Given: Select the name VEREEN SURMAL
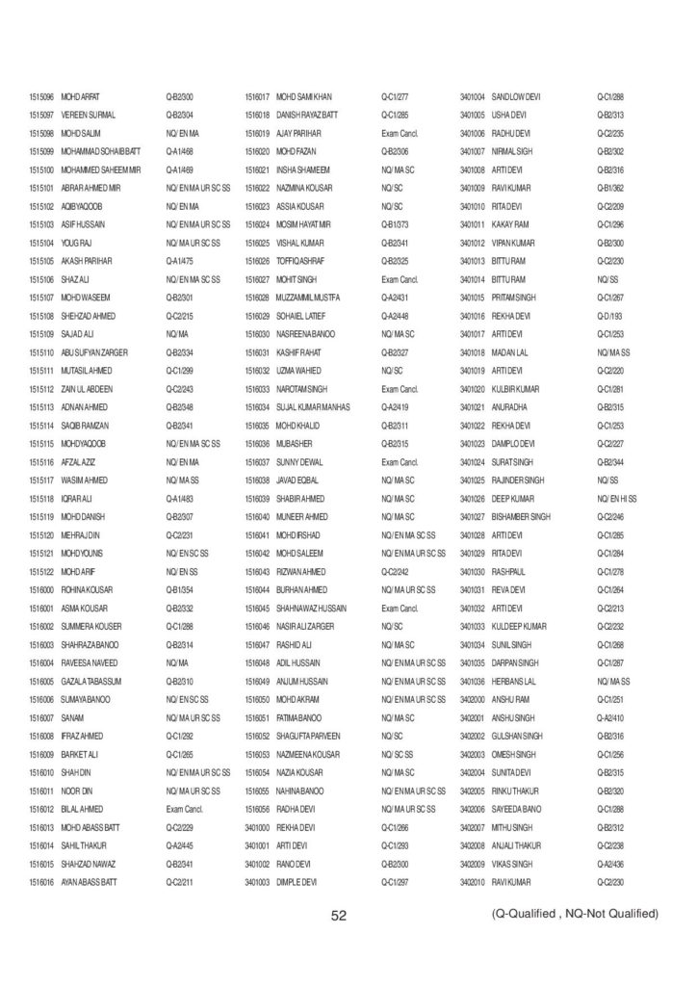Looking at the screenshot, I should tap(89, 115).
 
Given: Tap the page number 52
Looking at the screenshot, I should tap(339, 916).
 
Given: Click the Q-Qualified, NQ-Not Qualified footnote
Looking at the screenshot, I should tap(574, 913).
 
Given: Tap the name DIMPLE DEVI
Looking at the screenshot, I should tap(297, 882).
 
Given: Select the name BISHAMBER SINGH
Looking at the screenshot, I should tap(521, 516).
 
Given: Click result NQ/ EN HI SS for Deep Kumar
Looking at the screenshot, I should tap(617, 498).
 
